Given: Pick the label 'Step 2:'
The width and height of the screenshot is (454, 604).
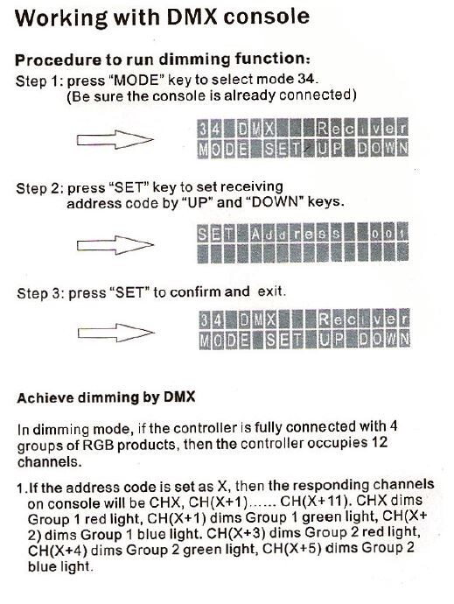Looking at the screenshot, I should click(40, 187).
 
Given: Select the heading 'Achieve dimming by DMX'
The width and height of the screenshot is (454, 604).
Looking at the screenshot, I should click(105, 398).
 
